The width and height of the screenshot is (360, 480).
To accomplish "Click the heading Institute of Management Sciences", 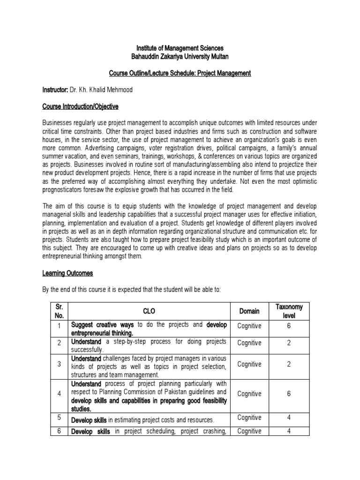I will pyautogui.click(x=180, y=48).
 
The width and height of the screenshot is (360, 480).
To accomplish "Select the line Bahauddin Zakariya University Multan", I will pyautogui.click(x=180, y=57).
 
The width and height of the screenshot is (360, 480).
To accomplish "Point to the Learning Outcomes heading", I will pyautogui.click(x=68, y=273).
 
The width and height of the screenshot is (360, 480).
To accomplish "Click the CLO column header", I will pyautogui.click(x=149, y=311).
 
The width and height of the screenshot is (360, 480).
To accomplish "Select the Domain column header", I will pyautogui.click(x=249, y=311).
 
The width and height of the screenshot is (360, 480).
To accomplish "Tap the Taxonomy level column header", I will pyautogui.click(x=289, y=311).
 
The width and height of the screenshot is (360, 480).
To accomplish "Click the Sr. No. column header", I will pyautogui.click(x=60, y=311).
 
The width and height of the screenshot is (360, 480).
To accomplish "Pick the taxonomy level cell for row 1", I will pyautogui.click(x=289, y=326).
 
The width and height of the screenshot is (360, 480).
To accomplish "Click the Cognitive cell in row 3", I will pyautogui.click(x=249, y=364).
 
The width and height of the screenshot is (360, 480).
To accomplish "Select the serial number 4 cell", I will pyautogui.click(x=60, y=394).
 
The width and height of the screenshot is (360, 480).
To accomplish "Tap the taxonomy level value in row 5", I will pyautogui.click(x=289, y=418).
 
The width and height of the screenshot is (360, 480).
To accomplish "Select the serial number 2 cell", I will pyautogui.click(x=60, y=343).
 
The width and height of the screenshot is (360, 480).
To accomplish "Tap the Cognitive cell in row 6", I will pyautogui.click(x=249, y=431).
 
